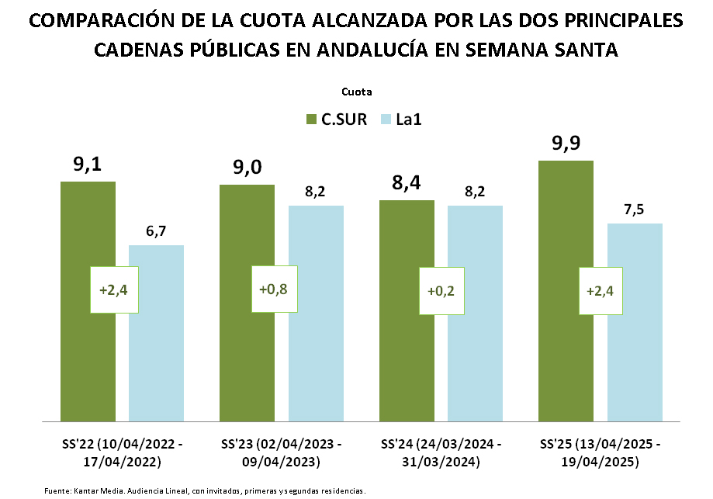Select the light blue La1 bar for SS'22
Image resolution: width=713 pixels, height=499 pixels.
[x=156, y=357]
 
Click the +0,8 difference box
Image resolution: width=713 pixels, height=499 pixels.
[x=274, y=289]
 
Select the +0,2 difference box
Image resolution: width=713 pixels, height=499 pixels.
[x=441, y=291]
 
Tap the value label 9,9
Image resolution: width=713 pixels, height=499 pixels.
[x=566, y=144]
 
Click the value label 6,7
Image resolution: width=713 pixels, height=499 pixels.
[x=156, y=231]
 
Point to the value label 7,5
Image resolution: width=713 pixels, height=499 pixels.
[x=635, y=210]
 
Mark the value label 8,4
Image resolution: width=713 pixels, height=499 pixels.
[x=407, y=183]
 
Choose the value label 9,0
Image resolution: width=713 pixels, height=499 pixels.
[x=247, y=168]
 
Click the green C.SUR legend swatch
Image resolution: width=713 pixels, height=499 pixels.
[x=311, y=120]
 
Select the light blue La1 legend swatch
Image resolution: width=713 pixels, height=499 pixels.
[x=385, y=120]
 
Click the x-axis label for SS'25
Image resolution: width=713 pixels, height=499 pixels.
[x=601, y=454]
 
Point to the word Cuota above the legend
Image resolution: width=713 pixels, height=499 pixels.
[x=356, y=92]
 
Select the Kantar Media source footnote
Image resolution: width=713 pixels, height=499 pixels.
[x=205, y=490]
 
